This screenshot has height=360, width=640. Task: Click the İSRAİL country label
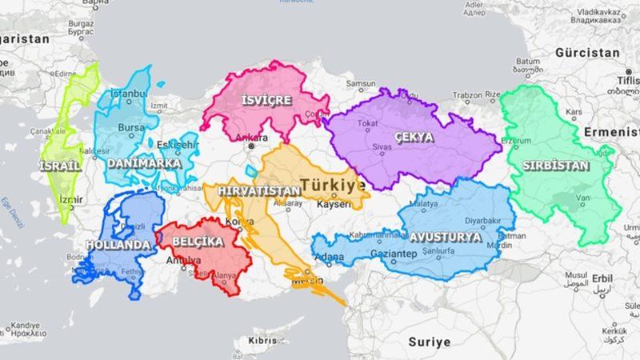point(59,166)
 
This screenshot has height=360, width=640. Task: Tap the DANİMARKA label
point(144,162)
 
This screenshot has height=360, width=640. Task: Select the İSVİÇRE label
point(267,100)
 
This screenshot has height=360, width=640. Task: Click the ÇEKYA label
point(414,137)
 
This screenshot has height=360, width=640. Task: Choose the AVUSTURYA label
point(446,237)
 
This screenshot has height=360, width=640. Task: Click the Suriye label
point(430,342)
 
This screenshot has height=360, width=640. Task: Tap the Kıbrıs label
point(262,340)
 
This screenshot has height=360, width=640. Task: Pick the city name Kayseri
point(334,205)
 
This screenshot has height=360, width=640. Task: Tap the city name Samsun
point(360,83)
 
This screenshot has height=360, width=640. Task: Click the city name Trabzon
point(469,96)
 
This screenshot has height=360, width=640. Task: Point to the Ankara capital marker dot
point(251,147)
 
